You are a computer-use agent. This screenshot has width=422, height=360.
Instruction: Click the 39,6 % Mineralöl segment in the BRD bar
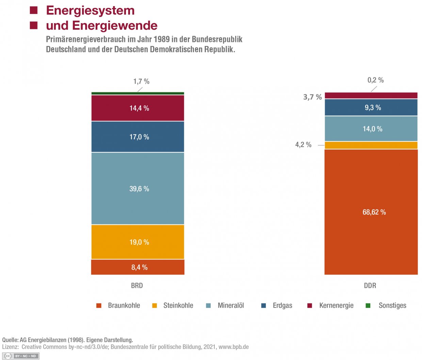tap(137, 188)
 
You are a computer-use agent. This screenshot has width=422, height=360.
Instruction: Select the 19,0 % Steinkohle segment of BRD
tap(137, 242)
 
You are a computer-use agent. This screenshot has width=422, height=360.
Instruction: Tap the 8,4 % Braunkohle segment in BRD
tap(137, 267)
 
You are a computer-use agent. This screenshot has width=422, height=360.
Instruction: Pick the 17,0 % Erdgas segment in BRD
tap(137, 137)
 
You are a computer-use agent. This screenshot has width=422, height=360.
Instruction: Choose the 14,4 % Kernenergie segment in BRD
tap(137, 108)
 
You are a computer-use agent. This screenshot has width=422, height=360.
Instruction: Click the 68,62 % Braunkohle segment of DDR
tap(371, 212)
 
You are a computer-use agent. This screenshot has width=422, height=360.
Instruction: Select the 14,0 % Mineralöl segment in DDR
tap(371, 129)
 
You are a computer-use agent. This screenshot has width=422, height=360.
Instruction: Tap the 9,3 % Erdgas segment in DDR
tap(371, 108)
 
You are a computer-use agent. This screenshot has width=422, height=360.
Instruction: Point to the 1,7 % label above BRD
tap(141, 81)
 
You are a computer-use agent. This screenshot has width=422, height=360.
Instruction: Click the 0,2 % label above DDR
tap(375, 80)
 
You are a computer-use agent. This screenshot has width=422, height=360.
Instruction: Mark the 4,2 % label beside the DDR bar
tap(303, 145)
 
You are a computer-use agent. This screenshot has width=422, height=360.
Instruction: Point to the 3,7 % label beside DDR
tap(312, 97)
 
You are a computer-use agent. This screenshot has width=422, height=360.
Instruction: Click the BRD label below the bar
tap(137, 285)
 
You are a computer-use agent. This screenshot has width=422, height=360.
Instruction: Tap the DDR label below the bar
tap(370, 285)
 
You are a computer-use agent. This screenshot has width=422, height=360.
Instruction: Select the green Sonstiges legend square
tap(368, 306)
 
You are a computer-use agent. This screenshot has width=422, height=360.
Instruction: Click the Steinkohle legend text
tap(178, 306)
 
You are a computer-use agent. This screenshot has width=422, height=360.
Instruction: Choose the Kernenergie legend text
tap(336, 306)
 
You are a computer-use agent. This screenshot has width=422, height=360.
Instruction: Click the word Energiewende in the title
tap(115, 26)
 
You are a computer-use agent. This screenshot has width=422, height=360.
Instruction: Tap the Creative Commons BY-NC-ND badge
tap(21, 356)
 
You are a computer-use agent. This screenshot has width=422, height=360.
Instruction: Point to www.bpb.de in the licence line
tap(233, 347)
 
